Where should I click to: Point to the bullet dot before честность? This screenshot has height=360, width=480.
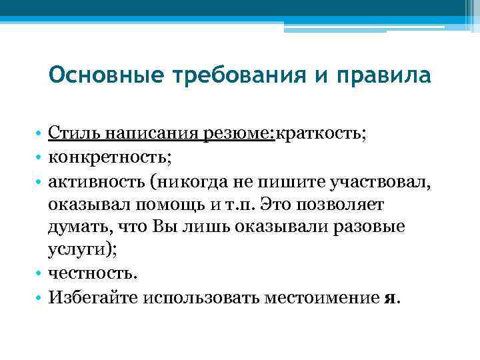pyautogui.click(x=40, y=273)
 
